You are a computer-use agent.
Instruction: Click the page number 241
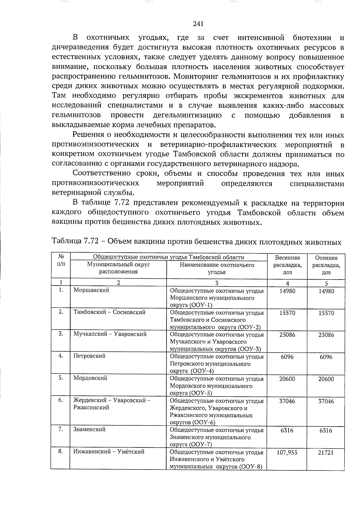[x=198, y=24]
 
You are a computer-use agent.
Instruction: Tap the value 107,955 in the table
[x=287, y=452]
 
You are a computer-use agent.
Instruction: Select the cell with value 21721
[x=326, y=453]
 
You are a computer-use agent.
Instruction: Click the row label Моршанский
[x=91, y=290]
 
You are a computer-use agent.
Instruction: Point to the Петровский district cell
[x=89, y=356]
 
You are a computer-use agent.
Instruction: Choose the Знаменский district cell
[x=89, y=429]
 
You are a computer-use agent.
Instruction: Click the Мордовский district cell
[x=90, y=378]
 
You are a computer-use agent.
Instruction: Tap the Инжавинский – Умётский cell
[x=109, y=451]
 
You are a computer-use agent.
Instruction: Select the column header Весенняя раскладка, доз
[x=287, y=265]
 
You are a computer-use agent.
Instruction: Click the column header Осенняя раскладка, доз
[x=326, y=265]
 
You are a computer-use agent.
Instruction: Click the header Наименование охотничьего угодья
[x=217, y=268]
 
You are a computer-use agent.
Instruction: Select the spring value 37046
[x=287, y=401]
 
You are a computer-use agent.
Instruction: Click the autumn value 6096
[x=326, y=357]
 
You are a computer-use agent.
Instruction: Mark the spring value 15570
[x=287, y=313]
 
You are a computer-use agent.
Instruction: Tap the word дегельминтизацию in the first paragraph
[x=187, y=115]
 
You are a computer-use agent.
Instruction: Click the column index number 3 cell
[x=217, y=283]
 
